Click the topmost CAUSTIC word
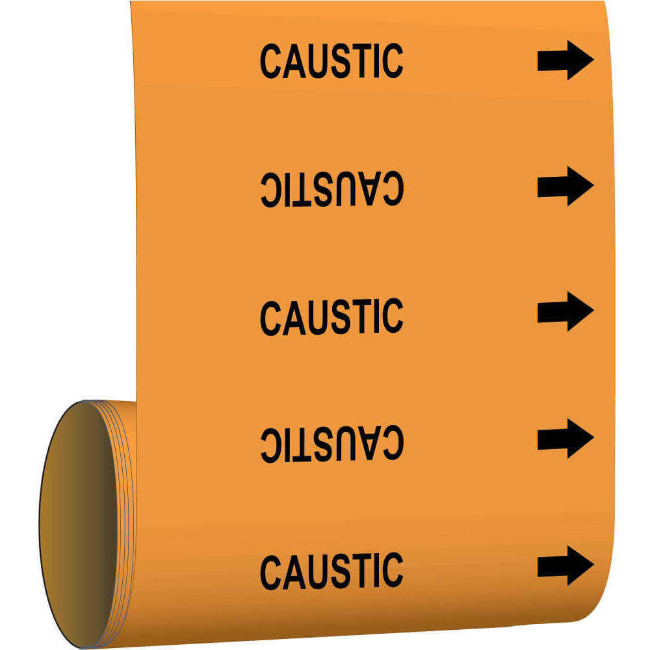coord(331,61)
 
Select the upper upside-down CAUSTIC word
coord(331,189)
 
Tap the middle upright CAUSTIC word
coord(331,317)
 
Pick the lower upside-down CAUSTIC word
coord(331,444)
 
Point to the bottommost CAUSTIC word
coord(331,571)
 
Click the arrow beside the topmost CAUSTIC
coord(565,60)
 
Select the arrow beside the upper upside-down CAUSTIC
coord(565,187)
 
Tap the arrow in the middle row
coord(565,311)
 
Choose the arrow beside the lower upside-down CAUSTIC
coord(565,439)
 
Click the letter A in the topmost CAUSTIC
coord(293,61)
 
